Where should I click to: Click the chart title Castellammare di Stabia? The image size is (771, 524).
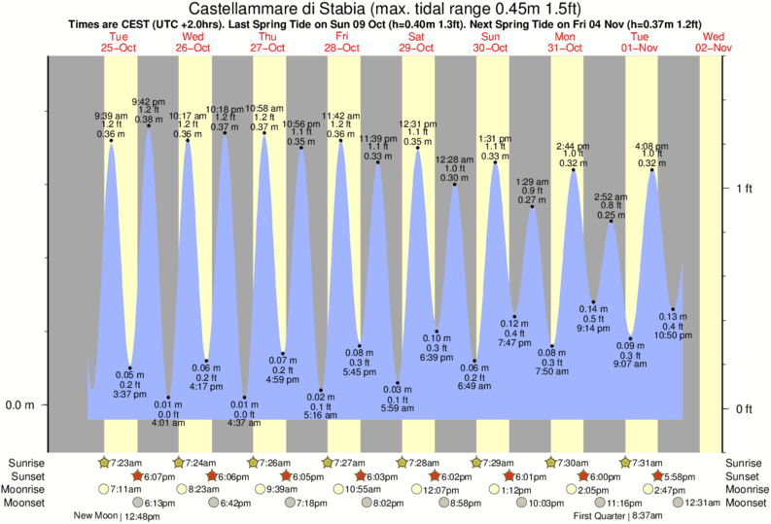click(x=385, y=9)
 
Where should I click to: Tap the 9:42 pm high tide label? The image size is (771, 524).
click(x=148, y=100)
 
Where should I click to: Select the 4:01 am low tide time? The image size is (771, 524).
click(x=168, y=421)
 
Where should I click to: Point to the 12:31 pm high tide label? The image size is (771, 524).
click(x=417, y=123)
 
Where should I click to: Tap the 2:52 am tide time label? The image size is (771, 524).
click(x=611, y=196)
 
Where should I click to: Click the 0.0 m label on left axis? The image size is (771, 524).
click(x=20, y=404)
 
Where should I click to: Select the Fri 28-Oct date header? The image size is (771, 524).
click(x=341, y=41)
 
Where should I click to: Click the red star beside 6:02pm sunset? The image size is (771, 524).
click(x=436, y=475)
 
